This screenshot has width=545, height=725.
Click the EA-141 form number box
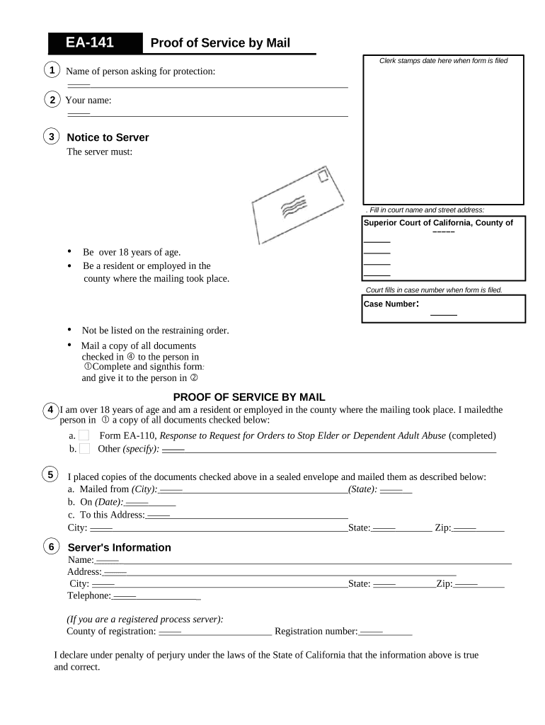point(90,43)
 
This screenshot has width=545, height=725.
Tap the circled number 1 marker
point(51,70)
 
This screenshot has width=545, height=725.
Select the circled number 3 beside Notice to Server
point(51,136)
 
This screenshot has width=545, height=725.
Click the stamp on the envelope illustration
point(322,175)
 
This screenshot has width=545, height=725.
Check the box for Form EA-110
point(84,435)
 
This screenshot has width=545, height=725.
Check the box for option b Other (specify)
point(84,449)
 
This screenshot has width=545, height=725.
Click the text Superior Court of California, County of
point(438,222)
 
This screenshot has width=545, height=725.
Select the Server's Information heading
point(119,547)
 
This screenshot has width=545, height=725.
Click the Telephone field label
point(89,595)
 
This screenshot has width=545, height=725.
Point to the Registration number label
point(316,631)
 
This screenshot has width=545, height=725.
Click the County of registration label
point(111,631)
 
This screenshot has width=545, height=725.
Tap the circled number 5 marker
point(51,474)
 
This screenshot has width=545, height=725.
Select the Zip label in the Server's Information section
point(444,583)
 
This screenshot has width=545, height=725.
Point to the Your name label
point(88,101)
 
